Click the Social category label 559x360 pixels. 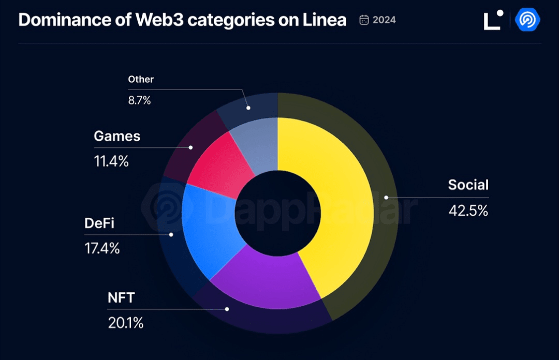tap(468, 185)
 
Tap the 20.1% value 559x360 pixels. tap(125, 323)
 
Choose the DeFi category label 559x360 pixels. tap(99, 223)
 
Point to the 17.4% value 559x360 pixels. tap(102, 248)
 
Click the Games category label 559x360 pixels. tap(117, 136)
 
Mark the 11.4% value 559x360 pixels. tap(111, 161)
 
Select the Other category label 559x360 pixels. tap(141, 79)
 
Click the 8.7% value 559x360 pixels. tap(139, 100)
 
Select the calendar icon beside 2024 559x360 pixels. tap(364, 20)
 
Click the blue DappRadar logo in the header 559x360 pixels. tap(528, 20)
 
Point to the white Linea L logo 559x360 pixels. tap(492, 20)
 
